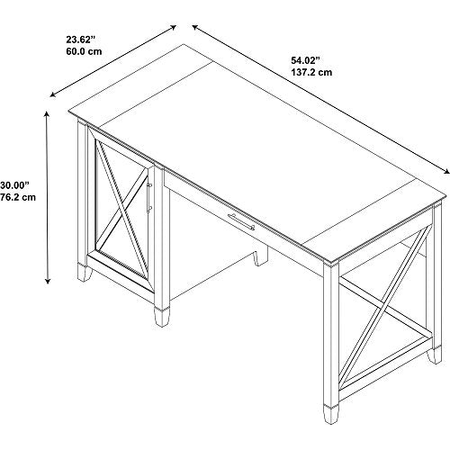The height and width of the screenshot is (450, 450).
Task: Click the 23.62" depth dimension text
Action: pyautogui.click(x=80, y=40)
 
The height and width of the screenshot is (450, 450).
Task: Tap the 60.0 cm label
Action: pyautogui.click(x=84, y=51)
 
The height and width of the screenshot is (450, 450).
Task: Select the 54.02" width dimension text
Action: pyautogui.click(x=304, y=60)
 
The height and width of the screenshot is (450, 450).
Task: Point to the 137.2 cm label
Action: pyautogui.click(x=311, y=72)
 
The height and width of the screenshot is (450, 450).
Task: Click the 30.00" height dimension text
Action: pyautogui.click(x=14, y=185)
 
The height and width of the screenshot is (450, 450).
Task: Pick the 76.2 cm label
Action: pyautogui.click(x=18, y=197)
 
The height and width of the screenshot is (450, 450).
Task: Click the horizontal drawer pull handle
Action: pyautogui.click(x=241, y=222)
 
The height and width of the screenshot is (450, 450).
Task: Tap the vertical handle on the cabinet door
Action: pyautogui.click(x=149, y=196)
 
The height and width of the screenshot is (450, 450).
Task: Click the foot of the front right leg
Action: pyautogui.click(x=331, y=415)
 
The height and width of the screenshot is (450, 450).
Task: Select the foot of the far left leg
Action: pyautogui.click(x=85, y=273)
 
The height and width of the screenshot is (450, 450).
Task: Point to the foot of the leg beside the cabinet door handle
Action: pyautogui.click(x=162, y=317)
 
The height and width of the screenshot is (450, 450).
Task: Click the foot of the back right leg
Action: pyautogui.click(x=435, y=355)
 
